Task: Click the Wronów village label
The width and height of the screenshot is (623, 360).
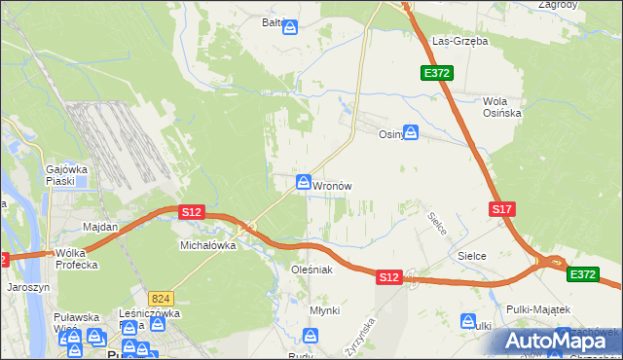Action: pos(332,185)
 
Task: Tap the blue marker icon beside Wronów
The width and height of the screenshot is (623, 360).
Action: pos(304,182)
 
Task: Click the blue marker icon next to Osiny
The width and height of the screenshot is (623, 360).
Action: pos(412,132)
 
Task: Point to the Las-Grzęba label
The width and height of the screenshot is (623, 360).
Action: pos(459,42)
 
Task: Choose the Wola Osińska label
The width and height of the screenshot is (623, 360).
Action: pos(502,107)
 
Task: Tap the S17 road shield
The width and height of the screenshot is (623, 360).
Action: pos(501,209)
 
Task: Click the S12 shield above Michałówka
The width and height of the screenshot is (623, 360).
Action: pos(191,211)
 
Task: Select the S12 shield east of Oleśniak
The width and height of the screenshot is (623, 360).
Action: pos(389,277)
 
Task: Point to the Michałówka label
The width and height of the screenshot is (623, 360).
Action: pos(208,246)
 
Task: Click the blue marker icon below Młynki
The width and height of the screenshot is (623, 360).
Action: pos(311,336)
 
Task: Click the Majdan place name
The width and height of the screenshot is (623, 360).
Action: pos(100,227)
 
